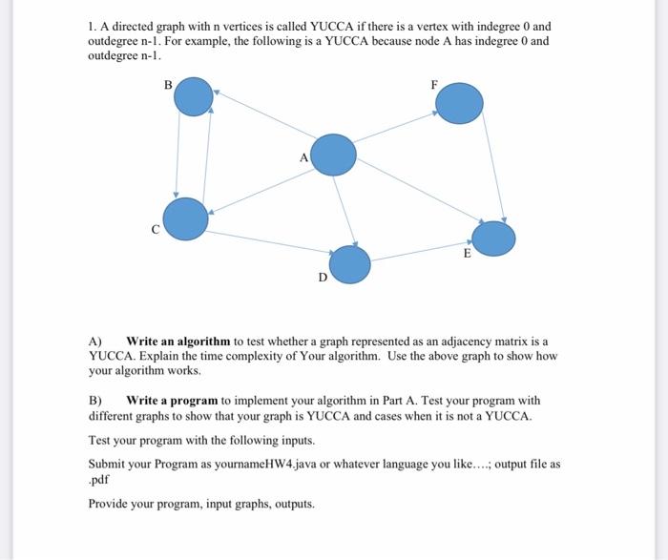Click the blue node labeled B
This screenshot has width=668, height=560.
point(195,97)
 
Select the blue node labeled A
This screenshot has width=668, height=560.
point(334,155)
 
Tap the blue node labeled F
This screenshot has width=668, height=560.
point(460,103)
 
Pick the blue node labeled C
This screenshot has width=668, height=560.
point(186,218)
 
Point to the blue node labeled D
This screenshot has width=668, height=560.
point(349,264)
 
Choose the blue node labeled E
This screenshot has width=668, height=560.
point(493,239)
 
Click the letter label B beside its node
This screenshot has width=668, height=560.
point(168,84)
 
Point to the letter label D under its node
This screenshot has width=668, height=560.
point(322,278)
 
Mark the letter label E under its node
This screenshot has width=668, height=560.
point(467,255)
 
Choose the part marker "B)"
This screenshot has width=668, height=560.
point(95,401)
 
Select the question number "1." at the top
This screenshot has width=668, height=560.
point(94,27)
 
